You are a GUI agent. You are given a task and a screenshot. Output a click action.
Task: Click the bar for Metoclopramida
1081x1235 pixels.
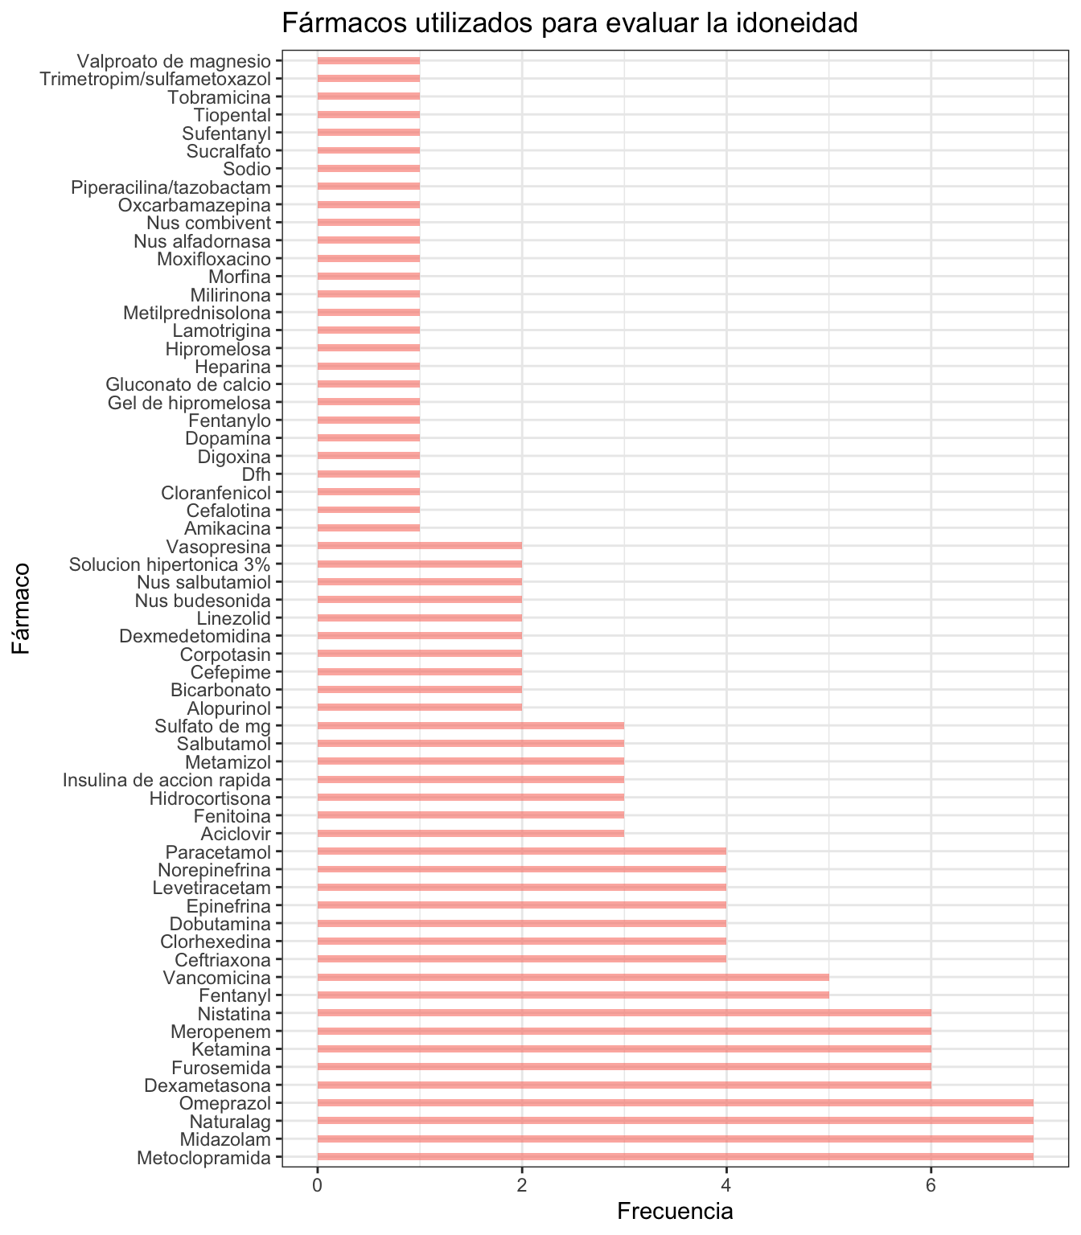[x=676, y=1158]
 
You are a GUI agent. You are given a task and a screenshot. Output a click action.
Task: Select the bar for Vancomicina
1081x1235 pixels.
[x=573, y=978]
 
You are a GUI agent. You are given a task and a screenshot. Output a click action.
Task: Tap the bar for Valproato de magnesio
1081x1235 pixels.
[x=368, y=60]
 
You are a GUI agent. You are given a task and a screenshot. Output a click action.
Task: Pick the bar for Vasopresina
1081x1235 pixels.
[x=420, y=547]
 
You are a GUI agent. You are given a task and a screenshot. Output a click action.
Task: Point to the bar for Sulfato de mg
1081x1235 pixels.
[x=471, y=726]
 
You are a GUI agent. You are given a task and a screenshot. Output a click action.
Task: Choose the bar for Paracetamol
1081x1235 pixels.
[x=522, y=851]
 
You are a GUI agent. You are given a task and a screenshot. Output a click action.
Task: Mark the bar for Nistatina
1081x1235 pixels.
[x=624, y=1013]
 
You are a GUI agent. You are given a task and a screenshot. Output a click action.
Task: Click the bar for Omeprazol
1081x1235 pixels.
[x=676, y=1103]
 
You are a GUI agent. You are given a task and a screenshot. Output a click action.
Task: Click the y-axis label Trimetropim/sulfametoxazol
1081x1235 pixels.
[x=156, y=79]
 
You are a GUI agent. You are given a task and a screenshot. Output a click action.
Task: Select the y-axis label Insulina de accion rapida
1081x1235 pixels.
[x=167, y=779]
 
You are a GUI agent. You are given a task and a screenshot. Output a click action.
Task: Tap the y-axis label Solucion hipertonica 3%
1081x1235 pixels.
[x=170, y=564]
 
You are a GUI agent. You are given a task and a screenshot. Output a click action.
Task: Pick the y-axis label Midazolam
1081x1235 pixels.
[x=225, y=1139]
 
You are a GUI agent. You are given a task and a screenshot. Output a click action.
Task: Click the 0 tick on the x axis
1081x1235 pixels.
[x=318, y=1186]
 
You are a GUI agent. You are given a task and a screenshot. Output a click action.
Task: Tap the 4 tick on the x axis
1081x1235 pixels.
[x=726, y=1186]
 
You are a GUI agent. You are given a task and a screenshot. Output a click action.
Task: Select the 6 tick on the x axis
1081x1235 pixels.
[x=931, y=1186]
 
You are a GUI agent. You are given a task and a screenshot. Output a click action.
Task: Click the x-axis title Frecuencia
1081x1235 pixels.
[x=675, y=1212]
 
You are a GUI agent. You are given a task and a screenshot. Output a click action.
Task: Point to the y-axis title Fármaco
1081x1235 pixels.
[x=21, y=609]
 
